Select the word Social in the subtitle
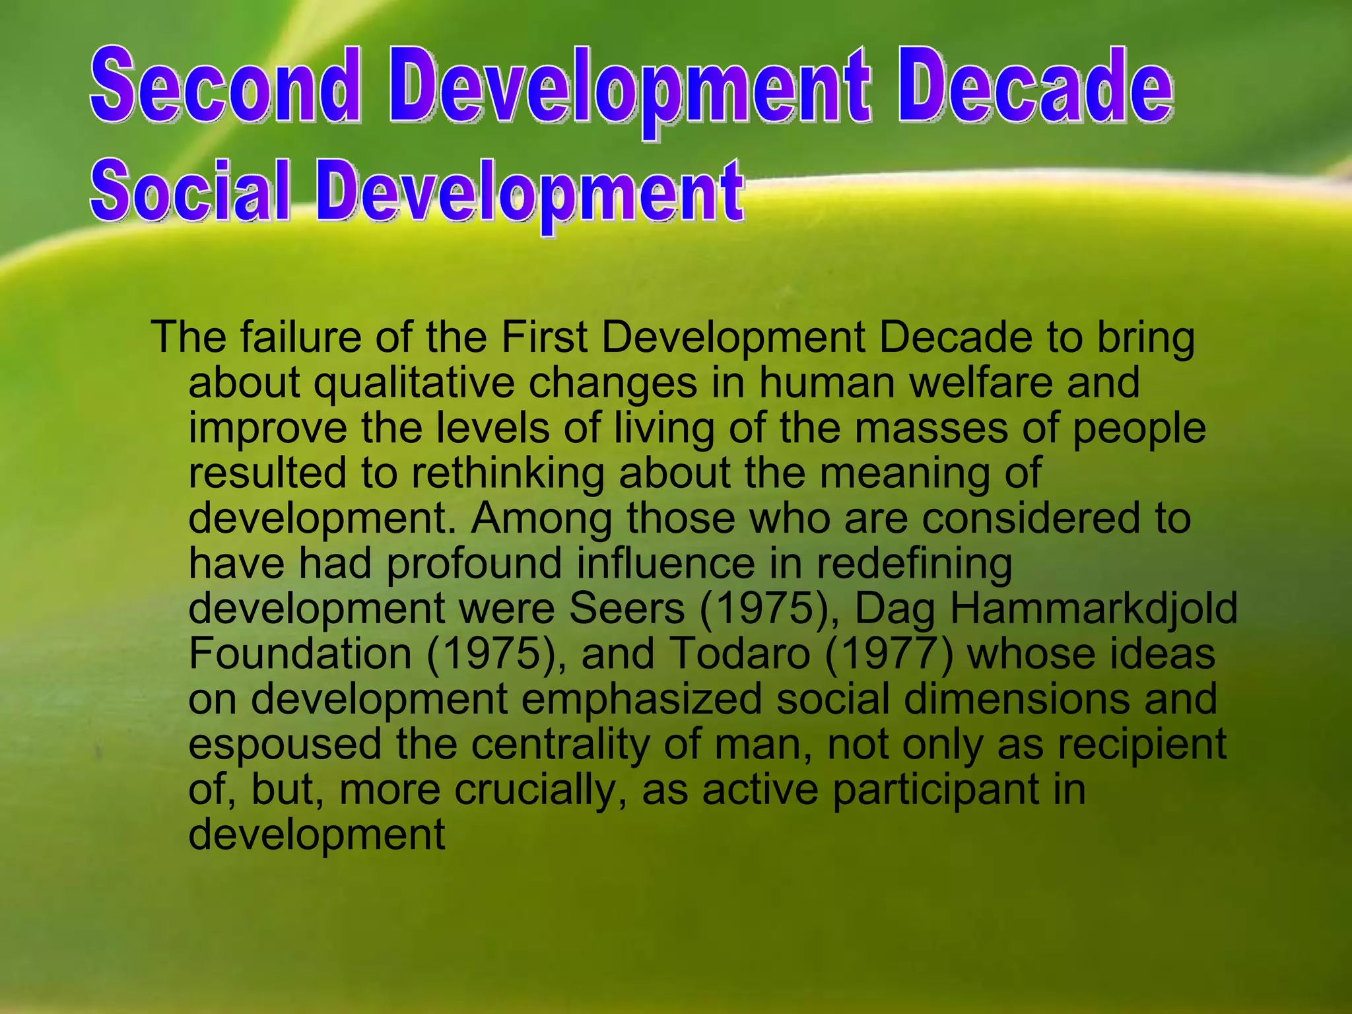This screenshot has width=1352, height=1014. [x=190, y=190]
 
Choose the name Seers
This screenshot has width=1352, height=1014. [x=626, y=609]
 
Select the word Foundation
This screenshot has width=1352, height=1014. [x=300, y=654]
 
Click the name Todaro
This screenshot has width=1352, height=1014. [x=740, y=654]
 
